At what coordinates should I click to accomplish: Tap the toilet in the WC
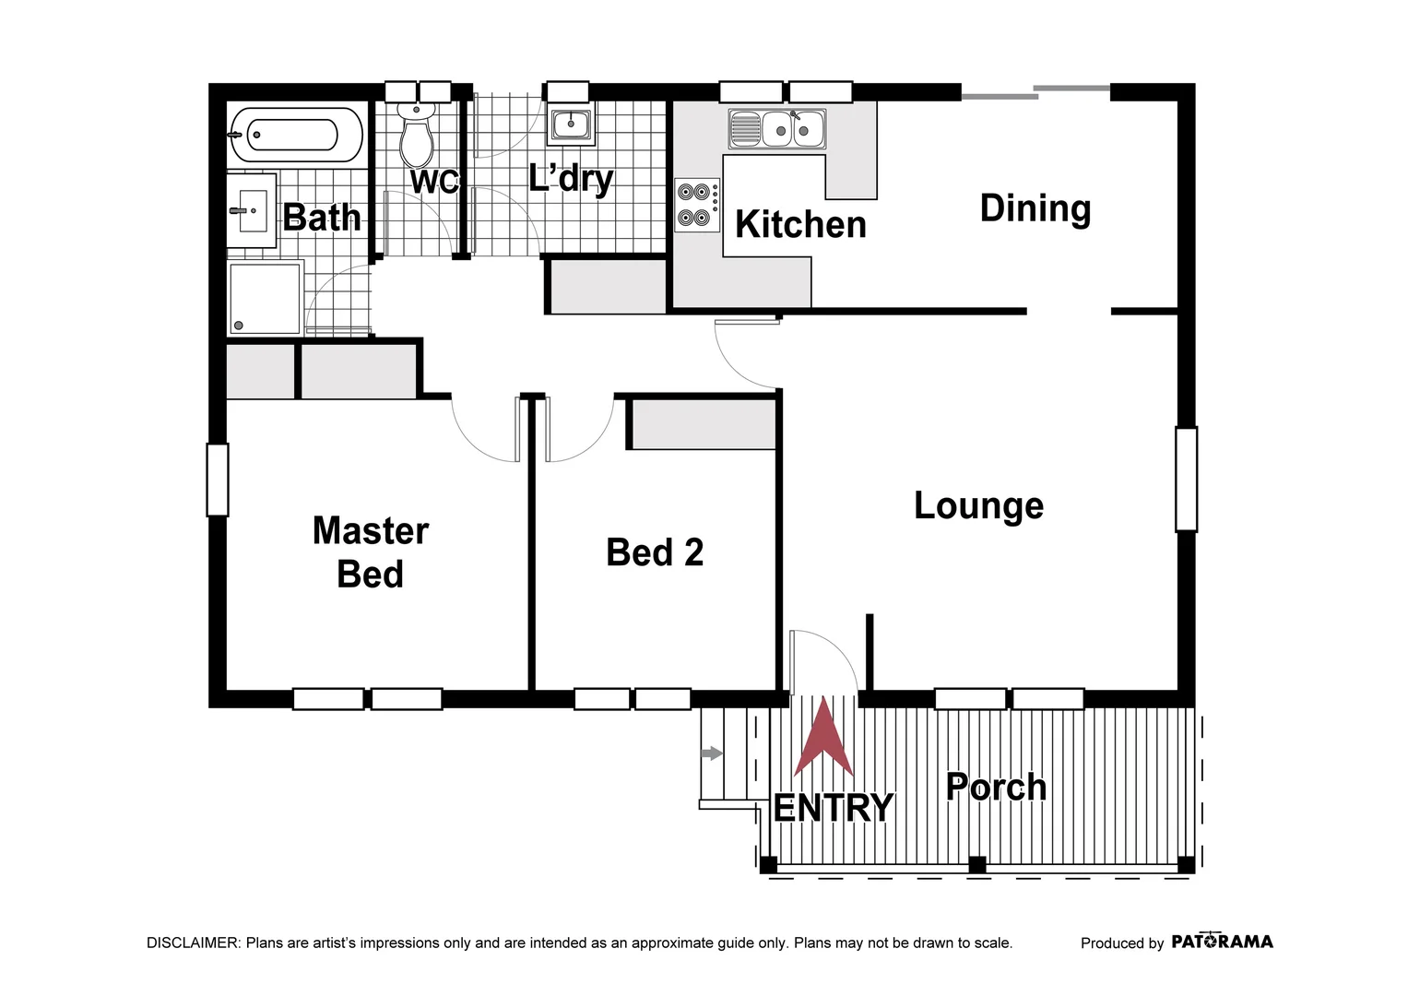tap(417, 136)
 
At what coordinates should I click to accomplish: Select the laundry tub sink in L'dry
tap(571, 124)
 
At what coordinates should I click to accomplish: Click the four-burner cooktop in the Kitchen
tap(696, 205)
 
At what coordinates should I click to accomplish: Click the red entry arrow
tap(823, 738)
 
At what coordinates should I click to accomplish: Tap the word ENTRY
tap(833, 808)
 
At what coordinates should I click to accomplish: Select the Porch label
tap(996, 787)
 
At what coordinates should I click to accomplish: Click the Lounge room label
tap(978, 505)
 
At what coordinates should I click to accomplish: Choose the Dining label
tap(1035, 208)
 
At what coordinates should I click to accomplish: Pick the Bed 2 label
tap(655, 552)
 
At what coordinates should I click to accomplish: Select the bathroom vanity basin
tap(251, 210)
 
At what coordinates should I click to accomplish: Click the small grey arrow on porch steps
tap(711, 753)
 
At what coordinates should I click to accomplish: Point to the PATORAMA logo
tap(1222, 942)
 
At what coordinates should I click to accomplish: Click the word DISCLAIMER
tap(193, 943)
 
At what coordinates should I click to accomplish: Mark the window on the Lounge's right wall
tap(1186, 479)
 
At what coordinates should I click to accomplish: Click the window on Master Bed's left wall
tap(217, 480)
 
